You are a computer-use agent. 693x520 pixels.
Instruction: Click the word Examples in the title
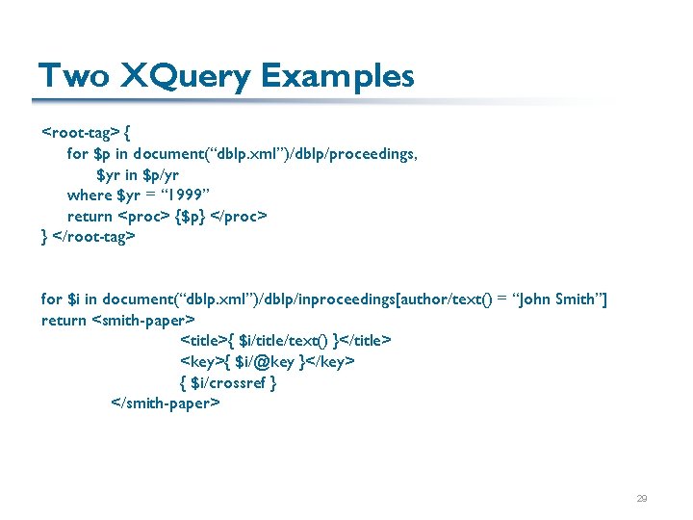(x=337, y=75)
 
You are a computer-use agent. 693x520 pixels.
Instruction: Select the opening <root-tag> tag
(x=81, y=132)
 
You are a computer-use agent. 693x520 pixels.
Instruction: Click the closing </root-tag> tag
(x=93, y=236)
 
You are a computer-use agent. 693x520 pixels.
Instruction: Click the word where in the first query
(x=90, y=195)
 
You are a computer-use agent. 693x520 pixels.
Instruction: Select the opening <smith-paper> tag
(x=143, y=320)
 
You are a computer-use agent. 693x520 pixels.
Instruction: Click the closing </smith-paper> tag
(x=166, y=403)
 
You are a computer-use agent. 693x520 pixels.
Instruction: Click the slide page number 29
(x=641, y=499)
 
